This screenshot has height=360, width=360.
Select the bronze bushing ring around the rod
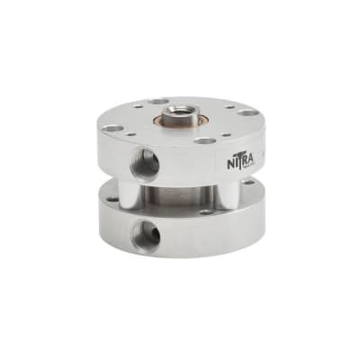tap(168, 118)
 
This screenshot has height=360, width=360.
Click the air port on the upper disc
tap(142, 164)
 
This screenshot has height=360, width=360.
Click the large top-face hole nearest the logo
tap(206, 140)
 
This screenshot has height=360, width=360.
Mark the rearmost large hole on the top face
tap(158, 101)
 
